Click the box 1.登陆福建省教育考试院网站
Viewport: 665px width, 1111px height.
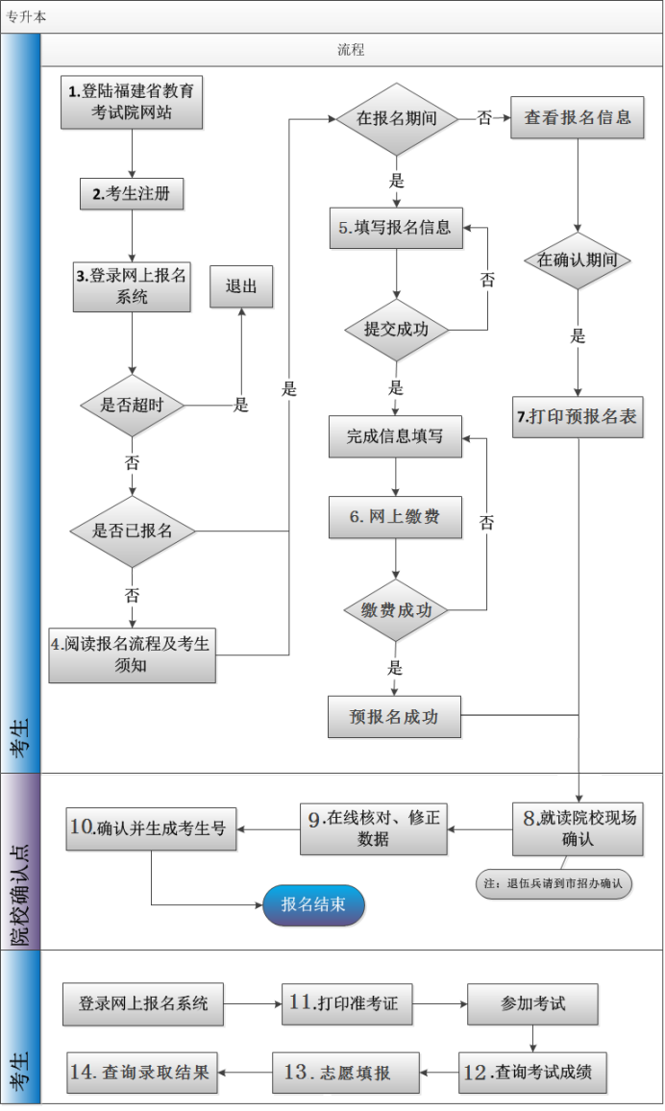pyautogui.click(x=132, y=102)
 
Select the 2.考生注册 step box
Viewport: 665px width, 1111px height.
pyautogui.click(x=131, y=194)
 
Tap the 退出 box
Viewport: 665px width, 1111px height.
pyautogui.click(x=241, y=286)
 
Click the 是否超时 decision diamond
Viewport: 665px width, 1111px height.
pyautogui.click(x=132, y=406)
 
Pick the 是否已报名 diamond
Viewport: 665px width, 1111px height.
pyautogui.click(x=132, y=531)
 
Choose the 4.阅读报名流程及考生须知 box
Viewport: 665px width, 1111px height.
pyautogui.click(x=132, y=655)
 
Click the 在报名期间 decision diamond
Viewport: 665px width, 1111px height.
pyautogui.click(x=396, y=119)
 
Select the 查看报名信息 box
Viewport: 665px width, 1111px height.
pyautogui.click(x=577, y=118)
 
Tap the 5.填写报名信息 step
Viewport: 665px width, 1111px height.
pyautogui.click(x=396, y=229)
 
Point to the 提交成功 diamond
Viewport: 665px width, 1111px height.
pyautogui.click(x=396, y=330)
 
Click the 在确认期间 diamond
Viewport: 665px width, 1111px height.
pyautogui.click(x=578, y=260)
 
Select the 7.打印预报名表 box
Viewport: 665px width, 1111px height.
pyautogui.click(x=578, y=418)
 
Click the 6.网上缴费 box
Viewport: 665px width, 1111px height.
pyautogui.click(x=396, y=517)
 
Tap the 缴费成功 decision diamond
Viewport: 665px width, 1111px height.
pyautogui.click(x=396, y=610)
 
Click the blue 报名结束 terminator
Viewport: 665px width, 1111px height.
pyautogui.click(x=314, y=905)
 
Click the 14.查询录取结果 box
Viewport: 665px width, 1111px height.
pyautogui.click(x=143, y=1073)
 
